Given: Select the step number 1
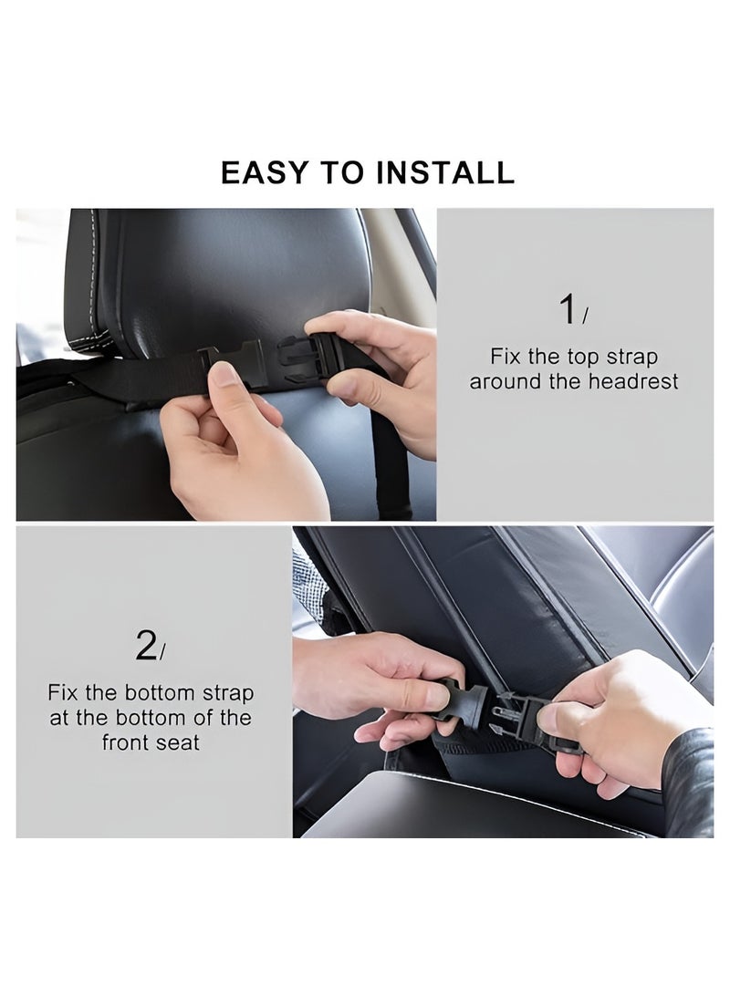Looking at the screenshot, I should pos(568,310).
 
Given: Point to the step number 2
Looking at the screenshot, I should pos(146,646).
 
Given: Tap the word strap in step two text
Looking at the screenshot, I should pos(228,694).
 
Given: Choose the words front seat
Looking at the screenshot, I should pos(151,742).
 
